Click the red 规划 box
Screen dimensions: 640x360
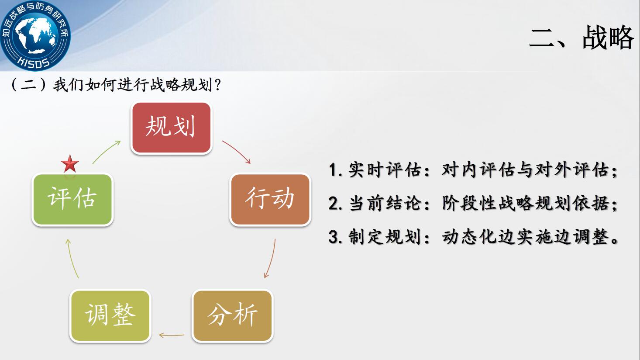172,128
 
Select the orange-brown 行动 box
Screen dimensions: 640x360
270,199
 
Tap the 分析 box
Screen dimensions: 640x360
233,316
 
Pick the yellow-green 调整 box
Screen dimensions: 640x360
110,316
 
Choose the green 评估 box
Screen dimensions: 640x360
72,199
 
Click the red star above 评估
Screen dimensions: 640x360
70,164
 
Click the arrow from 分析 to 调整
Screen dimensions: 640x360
172,335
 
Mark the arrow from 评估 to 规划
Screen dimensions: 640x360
106,152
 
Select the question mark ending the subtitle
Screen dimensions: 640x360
217,85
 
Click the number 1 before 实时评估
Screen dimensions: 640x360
333,170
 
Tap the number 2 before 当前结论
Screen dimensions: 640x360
333,203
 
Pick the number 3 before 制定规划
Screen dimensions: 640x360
333,237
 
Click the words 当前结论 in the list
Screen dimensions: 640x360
385,203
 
